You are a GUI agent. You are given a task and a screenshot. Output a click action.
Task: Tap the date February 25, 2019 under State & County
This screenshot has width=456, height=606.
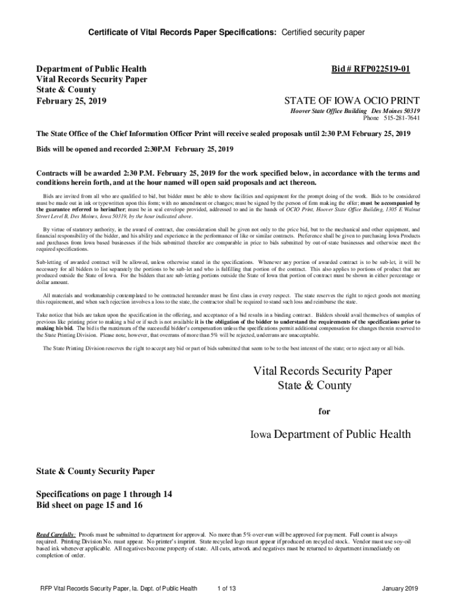coord(72,101)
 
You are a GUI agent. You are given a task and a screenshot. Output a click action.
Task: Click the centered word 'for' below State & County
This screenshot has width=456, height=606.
coord(324,411)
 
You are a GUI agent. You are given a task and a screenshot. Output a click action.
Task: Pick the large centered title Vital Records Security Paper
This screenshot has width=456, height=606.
coord(323,371)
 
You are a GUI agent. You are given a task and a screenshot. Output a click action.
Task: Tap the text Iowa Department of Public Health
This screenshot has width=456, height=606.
coord(330,434)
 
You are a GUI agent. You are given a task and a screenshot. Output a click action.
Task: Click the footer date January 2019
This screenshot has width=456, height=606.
coord(401,588)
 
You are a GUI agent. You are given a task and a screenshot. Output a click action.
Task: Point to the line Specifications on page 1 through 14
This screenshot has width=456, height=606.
coord(104,494)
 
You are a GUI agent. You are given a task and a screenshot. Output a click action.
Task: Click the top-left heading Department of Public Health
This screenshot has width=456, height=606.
coord(92,69)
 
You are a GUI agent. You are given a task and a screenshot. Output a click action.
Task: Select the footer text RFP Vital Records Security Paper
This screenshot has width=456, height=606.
coord(118,588)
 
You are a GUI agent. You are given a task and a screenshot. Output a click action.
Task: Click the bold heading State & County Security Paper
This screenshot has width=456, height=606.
coord(95,471)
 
